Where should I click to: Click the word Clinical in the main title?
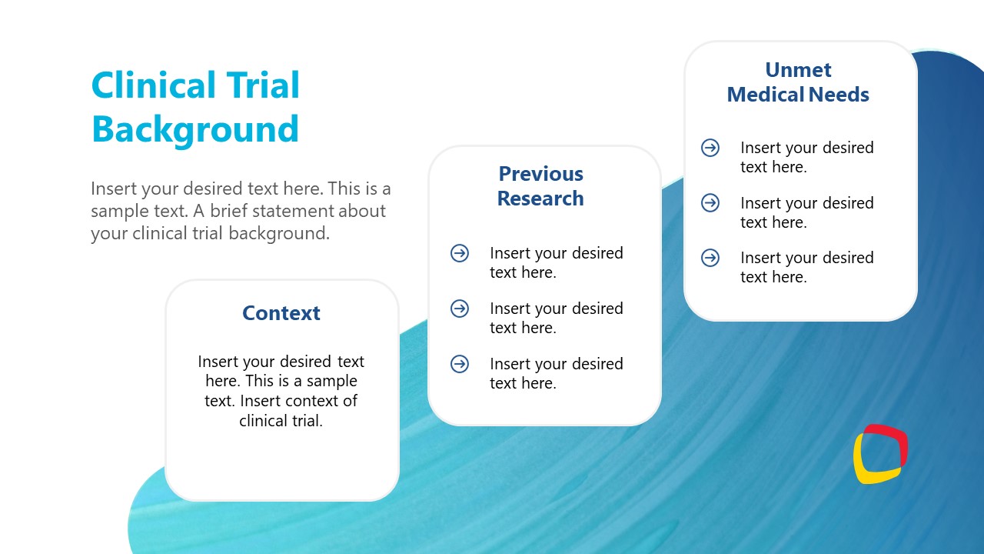click(153, 85)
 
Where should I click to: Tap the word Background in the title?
click(195, 129)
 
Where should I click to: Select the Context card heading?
click(281, 313)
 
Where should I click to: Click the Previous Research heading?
click(540, 186)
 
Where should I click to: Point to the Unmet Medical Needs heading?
click(798, 82)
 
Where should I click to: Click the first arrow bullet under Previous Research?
click(460, 253)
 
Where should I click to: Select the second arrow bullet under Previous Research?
click(460, 309)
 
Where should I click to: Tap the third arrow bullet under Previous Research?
click(460, 364)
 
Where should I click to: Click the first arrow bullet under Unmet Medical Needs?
click(710, 148)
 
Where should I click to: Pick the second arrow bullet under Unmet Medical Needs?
click(710, 203)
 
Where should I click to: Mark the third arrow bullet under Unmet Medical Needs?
click(710, 258)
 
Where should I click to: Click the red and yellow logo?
click(880, 454)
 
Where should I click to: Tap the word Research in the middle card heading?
click(540, 199)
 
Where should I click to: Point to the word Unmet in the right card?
click(798, 70)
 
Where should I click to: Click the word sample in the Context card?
click(332, 381)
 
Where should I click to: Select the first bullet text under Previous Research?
click(556, 262)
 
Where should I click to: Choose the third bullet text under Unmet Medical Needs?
click(806, 267)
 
